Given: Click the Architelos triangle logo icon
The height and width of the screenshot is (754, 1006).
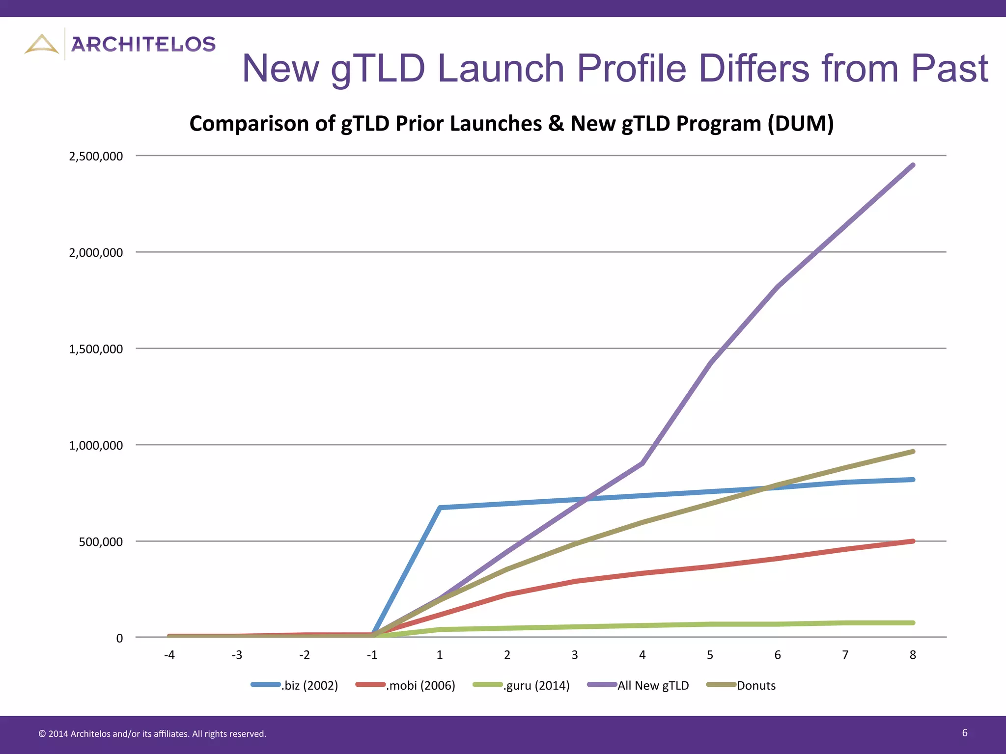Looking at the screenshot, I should tap(42, 44).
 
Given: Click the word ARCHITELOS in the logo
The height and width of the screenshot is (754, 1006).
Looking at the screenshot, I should tap(143, 44).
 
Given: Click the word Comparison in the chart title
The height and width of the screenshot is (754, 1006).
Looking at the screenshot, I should tap(249, 123).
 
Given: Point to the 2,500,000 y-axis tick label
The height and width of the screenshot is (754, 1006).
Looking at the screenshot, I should tap(96, 156).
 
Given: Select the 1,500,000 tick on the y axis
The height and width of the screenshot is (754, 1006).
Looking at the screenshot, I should tap(96, 349).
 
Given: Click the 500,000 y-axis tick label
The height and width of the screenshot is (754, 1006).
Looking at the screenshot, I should tap(101, 542).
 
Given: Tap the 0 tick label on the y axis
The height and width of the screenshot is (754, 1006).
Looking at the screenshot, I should tap(119, 638).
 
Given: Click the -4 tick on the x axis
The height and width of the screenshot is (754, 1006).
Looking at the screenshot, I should tap(169, 655).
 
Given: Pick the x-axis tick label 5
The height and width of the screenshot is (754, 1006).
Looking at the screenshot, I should tap(710, 655).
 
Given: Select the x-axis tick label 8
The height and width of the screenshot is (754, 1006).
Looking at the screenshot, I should tap(913, 655).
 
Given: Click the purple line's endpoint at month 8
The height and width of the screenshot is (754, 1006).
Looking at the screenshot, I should tap(913, 165).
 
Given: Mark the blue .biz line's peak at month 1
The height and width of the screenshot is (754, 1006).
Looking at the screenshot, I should tap(440, 508).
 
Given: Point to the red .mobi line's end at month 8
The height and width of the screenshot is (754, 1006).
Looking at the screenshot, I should tap(913, 541).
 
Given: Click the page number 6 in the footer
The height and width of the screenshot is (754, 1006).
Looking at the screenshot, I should tap(965, 733).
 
